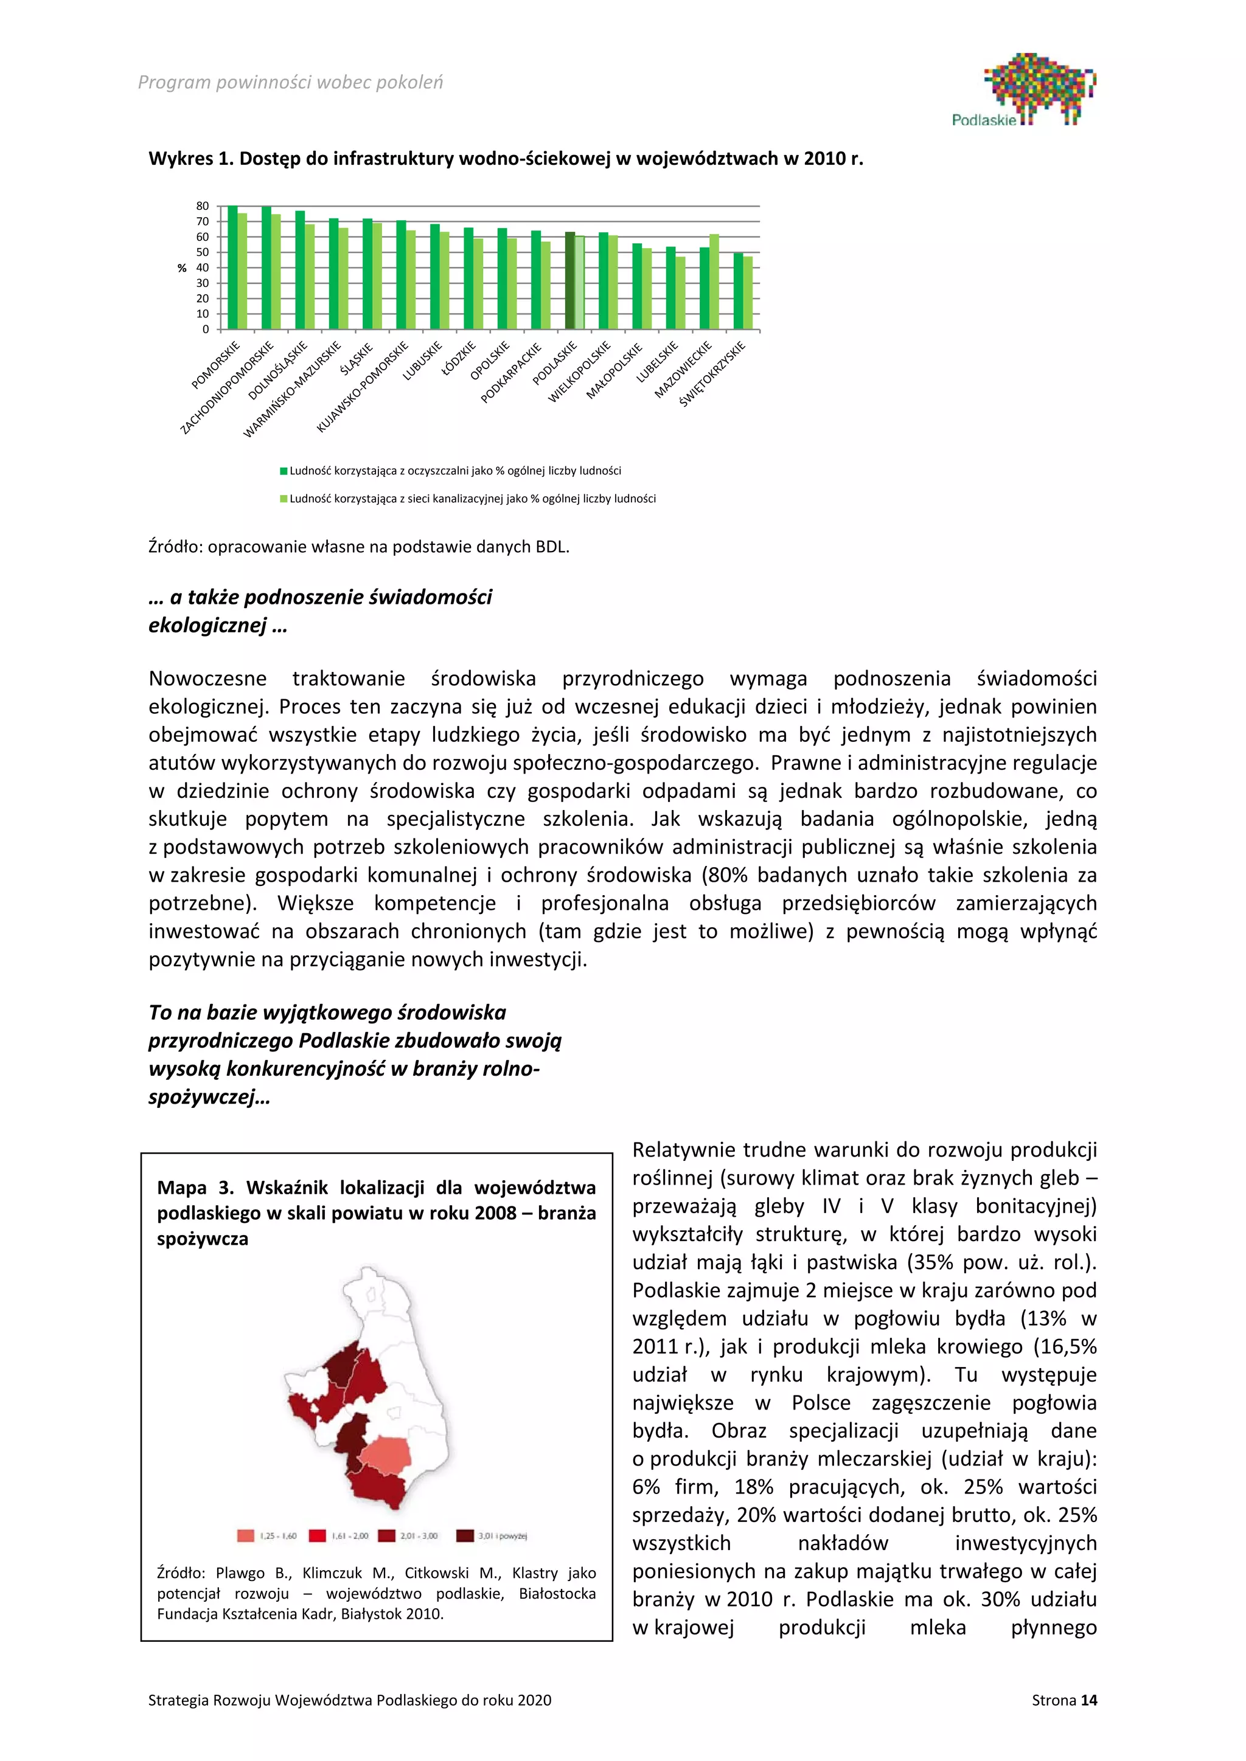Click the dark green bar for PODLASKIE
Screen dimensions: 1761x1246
point(570,281)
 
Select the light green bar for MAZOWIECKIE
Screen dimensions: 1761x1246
point(714,282)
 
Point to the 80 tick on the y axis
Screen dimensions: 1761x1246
point(203,206)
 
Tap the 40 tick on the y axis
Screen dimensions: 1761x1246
point(203,268)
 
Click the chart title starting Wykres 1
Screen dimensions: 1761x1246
point(506,159)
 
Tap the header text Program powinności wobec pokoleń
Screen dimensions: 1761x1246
point(290,83)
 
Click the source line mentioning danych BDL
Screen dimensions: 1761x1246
point(358,547)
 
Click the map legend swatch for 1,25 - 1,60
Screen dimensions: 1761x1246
point(246,1535)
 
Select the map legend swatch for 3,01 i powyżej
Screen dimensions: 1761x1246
point(464,1535)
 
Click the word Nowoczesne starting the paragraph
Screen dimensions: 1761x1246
point(207,678)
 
